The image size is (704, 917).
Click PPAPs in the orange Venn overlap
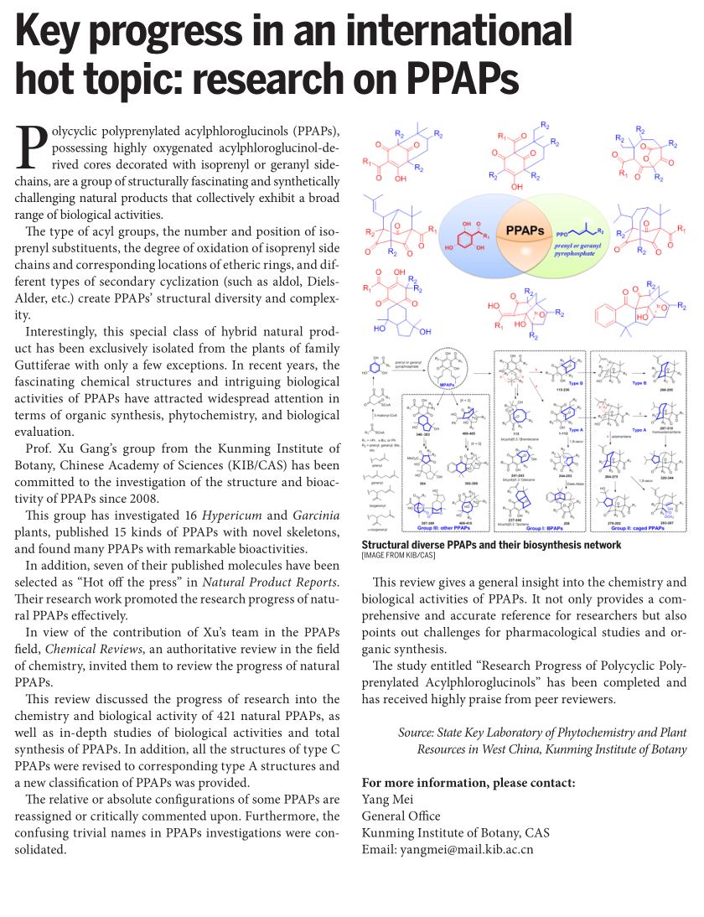[x=525, y=229]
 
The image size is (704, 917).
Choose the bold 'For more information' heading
[x=468, y=782]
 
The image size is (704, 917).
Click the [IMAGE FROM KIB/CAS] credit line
[x=399, y=555]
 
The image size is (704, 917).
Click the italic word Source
[x=416, y=733]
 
